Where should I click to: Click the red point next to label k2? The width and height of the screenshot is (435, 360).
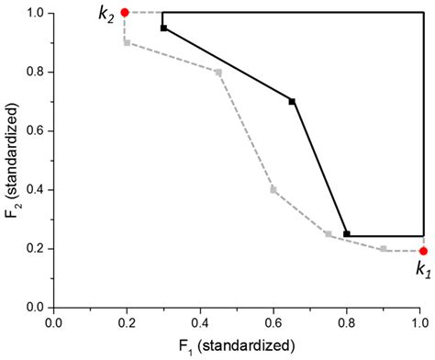[x=125, y=12]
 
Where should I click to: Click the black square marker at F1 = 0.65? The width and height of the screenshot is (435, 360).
[x=292, y=101]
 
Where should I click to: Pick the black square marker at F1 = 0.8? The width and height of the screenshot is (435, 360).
[x=347, y=233]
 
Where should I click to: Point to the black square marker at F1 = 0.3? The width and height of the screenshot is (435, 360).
[x=163, y=28]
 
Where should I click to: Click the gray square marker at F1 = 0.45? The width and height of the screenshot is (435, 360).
[x=218, y=72]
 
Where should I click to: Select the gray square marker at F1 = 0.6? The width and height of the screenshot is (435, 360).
[x=273, y=189]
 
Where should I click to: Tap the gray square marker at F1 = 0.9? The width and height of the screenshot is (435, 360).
[x=384, y=248]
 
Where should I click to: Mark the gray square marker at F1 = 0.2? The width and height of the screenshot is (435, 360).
[x=127, y=42]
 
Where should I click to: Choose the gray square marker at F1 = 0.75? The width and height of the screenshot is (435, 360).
[x=329, y=233]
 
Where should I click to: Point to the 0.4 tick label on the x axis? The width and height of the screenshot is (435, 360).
[x=200, y=323]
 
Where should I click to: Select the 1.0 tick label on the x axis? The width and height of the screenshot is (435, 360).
[x=419, y=323]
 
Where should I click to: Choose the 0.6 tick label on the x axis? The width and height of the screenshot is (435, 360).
[x=273, y=323]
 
